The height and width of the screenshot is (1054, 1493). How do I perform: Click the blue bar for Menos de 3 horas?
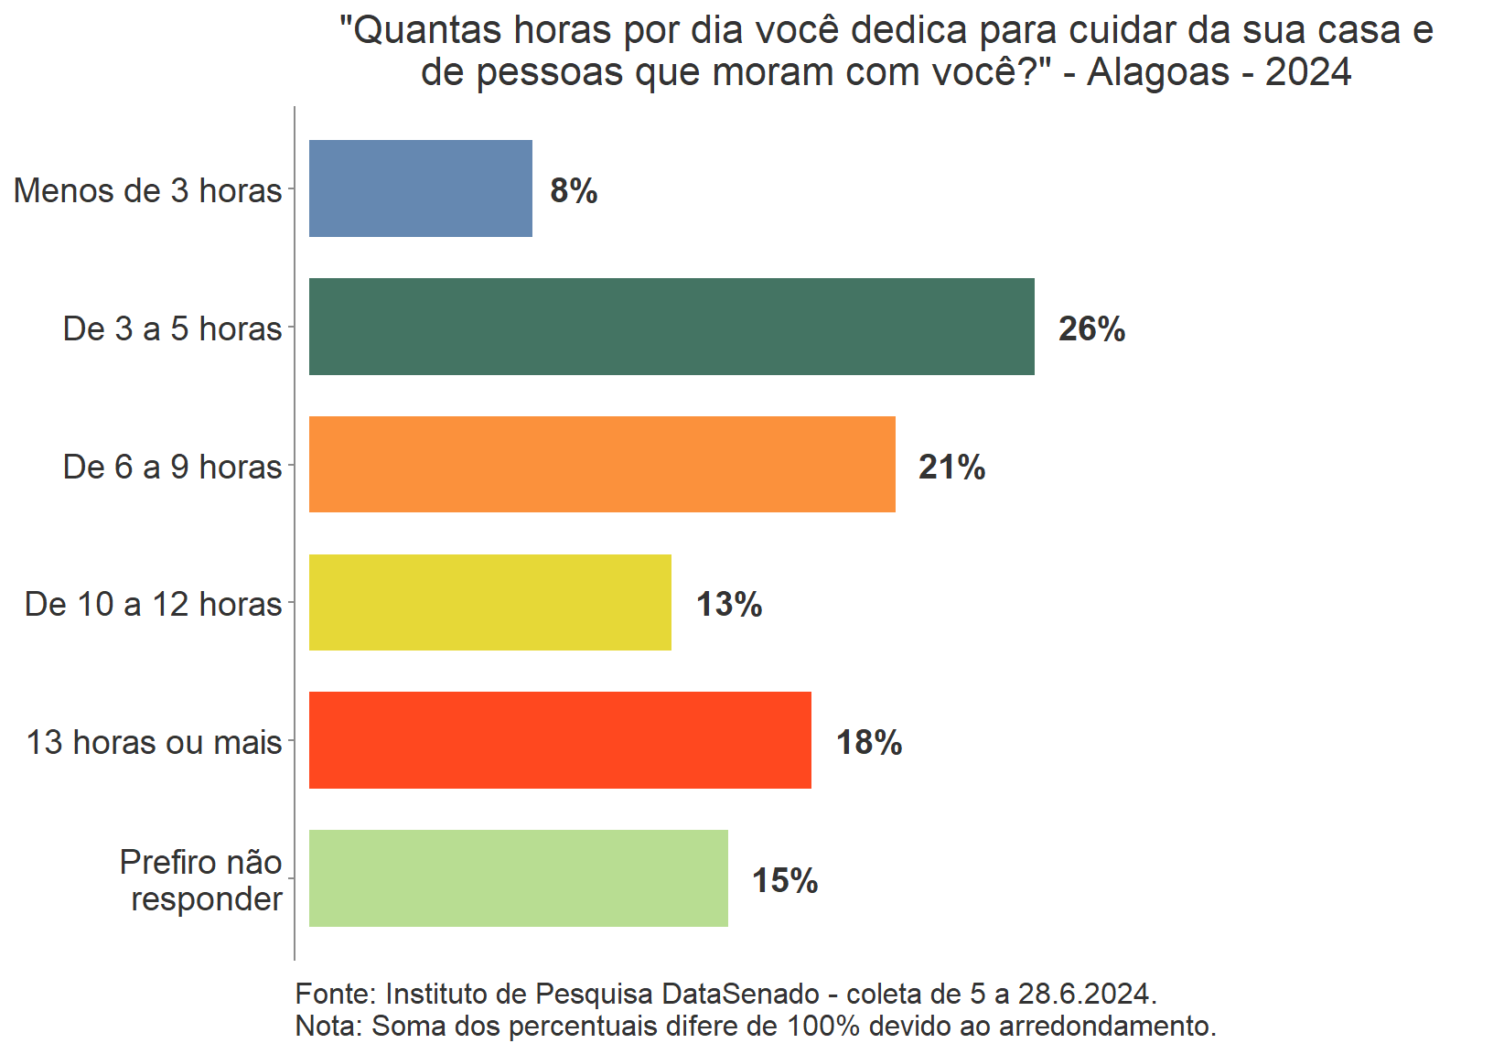(420, 188)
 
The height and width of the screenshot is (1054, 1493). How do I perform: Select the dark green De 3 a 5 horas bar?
(671, 327)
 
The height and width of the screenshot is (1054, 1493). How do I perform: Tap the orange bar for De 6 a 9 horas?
(602, 465)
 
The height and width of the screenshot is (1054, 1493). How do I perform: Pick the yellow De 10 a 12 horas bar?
(489, 603)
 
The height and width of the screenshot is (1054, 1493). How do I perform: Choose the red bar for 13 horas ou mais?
(560, 740)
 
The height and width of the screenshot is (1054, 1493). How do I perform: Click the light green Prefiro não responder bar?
(518, 878)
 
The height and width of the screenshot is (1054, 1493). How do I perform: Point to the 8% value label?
(574, 191)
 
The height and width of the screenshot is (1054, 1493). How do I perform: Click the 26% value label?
(1091, 329)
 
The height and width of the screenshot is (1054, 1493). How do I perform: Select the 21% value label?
(951, 468)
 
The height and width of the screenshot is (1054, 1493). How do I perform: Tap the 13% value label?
(728, 605)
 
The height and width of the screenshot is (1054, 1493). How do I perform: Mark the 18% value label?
(868, 743)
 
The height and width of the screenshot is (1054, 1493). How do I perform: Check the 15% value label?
(784, 881)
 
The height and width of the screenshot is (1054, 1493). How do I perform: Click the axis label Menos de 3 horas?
(147, 190)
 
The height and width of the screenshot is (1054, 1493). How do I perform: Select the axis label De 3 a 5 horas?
(172, 328)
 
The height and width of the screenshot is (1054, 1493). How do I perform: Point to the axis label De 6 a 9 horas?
(172, 467)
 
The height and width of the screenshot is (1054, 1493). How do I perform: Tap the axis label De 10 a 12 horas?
(153, 604)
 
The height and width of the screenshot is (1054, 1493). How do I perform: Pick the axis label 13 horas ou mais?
(154, 742)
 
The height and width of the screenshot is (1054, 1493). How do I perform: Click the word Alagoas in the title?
(1157, 72)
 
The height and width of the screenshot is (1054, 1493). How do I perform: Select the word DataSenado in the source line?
(740, 994)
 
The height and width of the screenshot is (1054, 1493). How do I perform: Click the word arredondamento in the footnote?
(1105, 1026)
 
